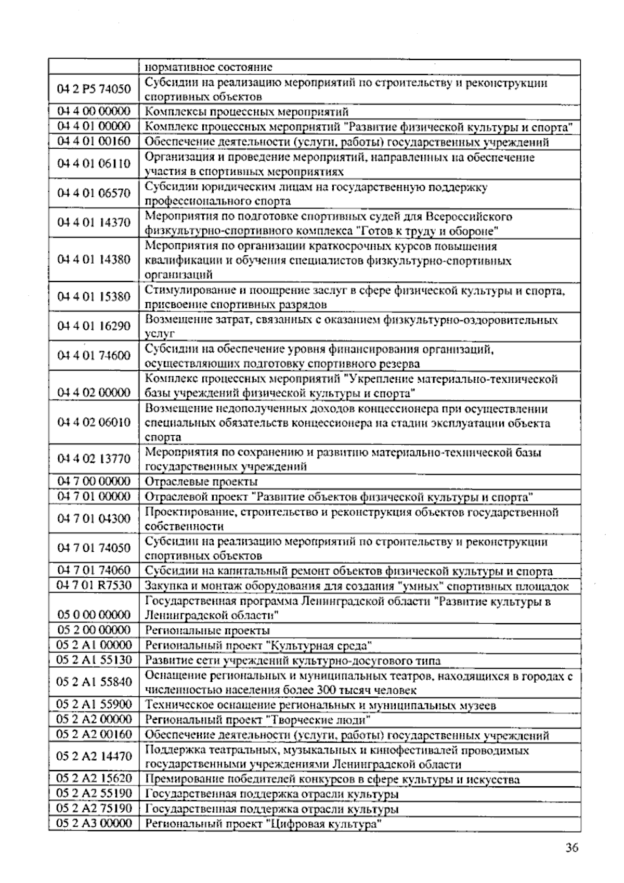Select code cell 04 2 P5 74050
[94, 89]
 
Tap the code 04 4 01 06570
[94, 193]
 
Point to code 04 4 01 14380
[94, 259]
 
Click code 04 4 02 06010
[94, 422]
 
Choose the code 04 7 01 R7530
[94, 586]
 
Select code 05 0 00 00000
[94, 615]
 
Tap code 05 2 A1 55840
[94, 682]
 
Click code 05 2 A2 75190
[94, 809]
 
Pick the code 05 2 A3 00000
[94, 823]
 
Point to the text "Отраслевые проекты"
[201, 482]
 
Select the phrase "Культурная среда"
[319, 646]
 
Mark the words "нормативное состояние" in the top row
[208, 68]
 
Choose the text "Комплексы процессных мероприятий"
[246, 112]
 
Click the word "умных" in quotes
[419, 587]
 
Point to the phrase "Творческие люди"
[318, 720]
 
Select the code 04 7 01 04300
[94, 518]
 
